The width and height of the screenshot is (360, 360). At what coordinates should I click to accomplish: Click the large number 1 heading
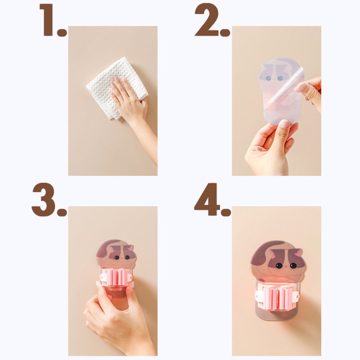(x=48, y=20)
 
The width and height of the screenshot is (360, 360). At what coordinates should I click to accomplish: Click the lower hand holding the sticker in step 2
(x=268, y=148)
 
